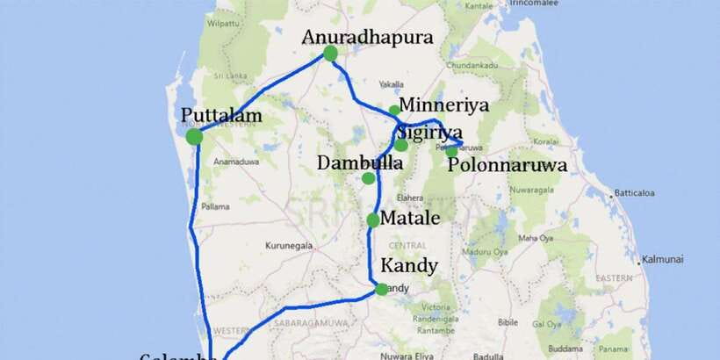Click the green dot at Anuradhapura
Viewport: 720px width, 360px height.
click(330, 54)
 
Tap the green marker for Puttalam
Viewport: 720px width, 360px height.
click(195, 137)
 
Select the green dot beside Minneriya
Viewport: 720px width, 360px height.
click(394, 111)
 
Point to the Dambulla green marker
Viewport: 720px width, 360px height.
click(368, 178)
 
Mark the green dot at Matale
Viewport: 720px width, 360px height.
click(373, 220)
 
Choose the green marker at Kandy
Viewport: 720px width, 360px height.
click(381, 289)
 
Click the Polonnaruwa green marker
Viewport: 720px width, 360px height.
click(451, 151)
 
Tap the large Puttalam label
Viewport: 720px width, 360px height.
click(222, 115)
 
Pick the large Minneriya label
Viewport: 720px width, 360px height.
click(443, 105)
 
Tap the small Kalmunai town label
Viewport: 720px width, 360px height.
click(662, 260)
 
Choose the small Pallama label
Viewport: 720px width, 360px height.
click(215, 206)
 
